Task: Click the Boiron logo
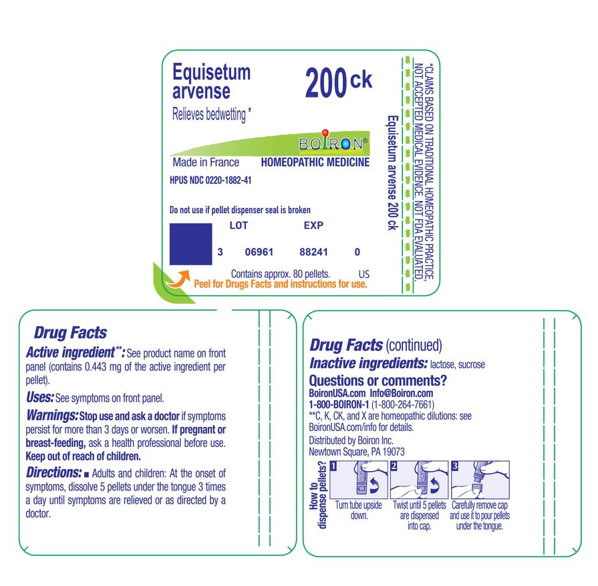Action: (333, 143)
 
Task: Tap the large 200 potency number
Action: (326, 84)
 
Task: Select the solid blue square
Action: (190, 245)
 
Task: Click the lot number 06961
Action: (259, 253)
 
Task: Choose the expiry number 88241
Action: (315, 253)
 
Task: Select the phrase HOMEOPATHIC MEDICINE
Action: (315, 162)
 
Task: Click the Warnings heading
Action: (52, 416)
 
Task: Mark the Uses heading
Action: (39, 398)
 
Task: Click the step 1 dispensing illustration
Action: (358, 480)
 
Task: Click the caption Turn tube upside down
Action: (358, 511)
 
